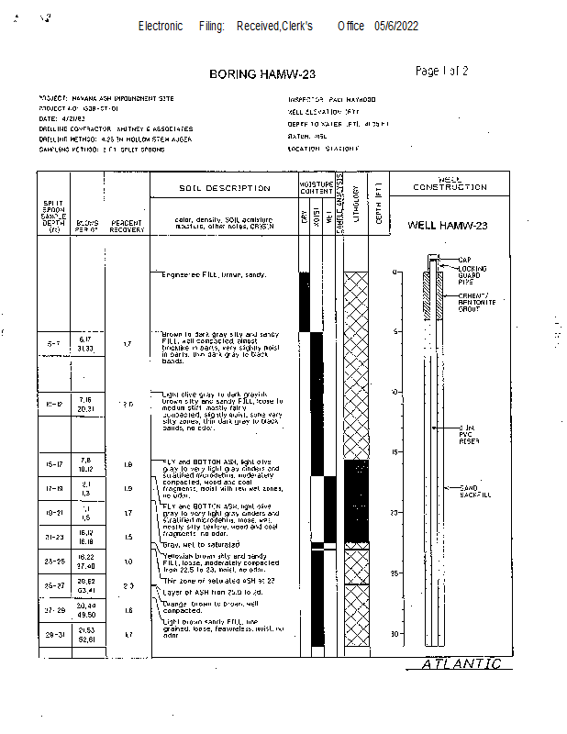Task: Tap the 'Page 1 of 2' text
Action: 442,71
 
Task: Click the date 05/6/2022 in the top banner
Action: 396,26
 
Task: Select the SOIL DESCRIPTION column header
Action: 225,188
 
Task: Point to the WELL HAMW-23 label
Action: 448,225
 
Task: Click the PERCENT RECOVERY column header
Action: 126,225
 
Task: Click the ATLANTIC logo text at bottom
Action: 461,664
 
